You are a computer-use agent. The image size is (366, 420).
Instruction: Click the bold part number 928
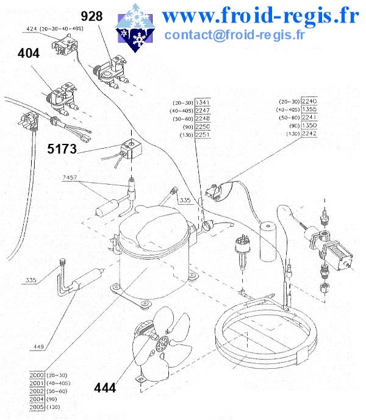click(x=91, y=16)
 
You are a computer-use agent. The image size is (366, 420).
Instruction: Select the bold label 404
click(x=29, y=54)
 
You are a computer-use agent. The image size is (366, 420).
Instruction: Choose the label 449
click(x=38, y=347)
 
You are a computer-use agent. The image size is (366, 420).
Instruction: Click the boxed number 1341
click(x=203, y=102)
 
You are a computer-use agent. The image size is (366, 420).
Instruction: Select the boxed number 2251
click(x=203, y=135)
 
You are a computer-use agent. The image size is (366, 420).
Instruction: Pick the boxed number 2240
click(x=309, y=101)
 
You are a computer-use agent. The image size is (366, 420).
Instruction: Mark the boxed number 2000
click(x=37, y=375)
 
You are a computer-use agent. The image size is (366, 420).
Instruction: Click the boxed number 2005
click(x=37, y=407)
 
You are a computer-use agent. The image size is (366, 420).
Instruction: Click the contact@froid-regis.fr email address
click(x=234, y=34)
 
